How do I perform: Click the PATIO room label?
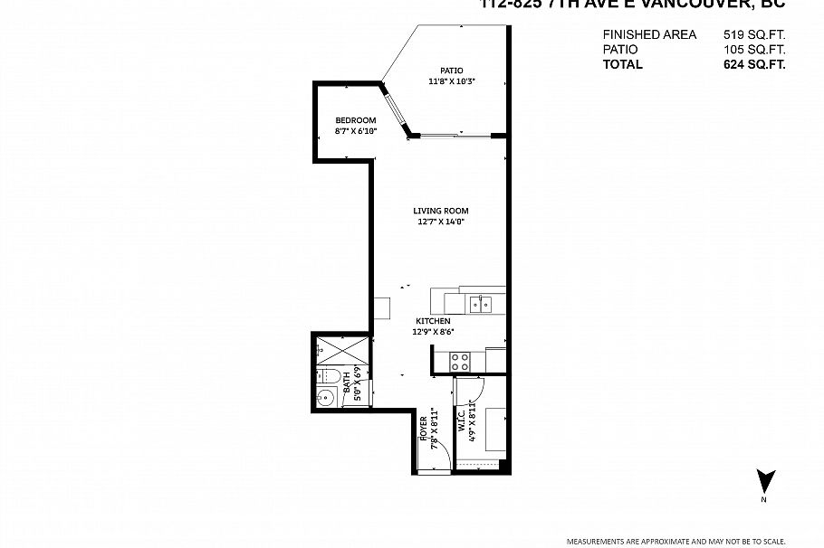452,71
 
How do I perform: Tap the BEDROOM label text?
355,120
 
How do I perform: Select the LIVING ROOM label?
441,211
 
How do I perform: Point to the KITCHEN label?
433,321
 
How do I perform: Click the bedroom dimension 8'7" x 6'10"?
355,131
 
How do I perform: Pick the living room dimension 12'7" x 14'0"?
441,222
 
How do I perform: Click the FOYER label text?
423,428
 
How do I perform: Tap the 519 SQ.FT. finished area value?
753,34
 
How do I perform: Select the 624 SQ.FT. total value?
753,64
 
